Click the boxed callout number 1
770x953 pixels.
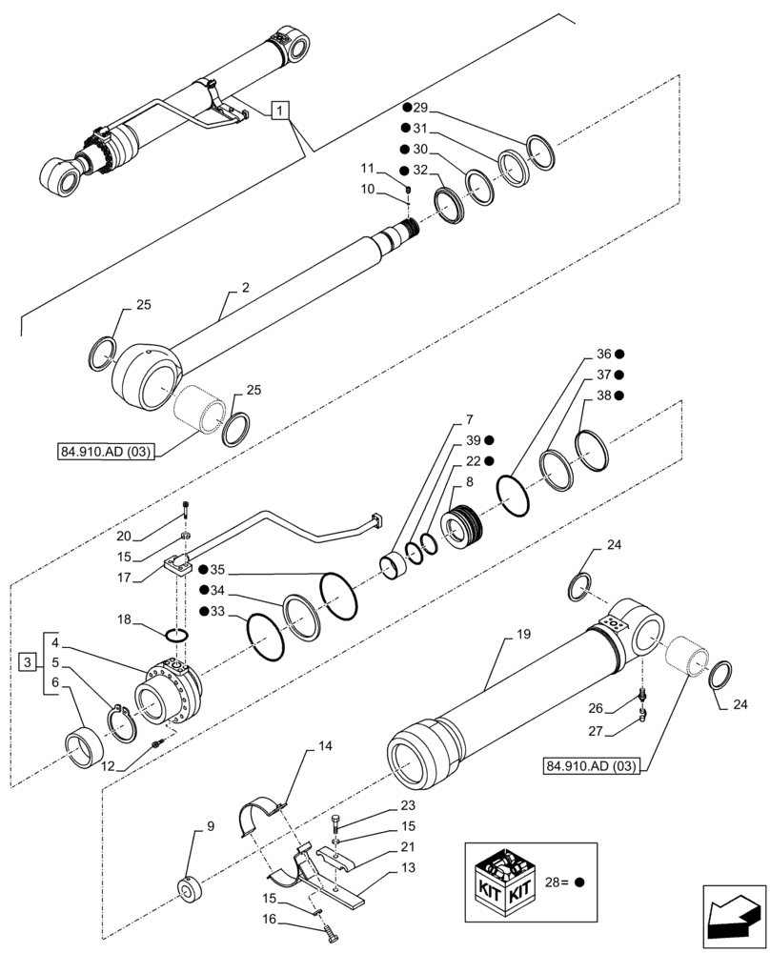[279, 112]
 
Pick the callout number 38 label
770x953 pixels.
[603, 395]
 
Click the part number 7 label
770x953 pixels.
[468, 419]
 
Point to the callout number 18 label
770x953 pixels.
[125, 619]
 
